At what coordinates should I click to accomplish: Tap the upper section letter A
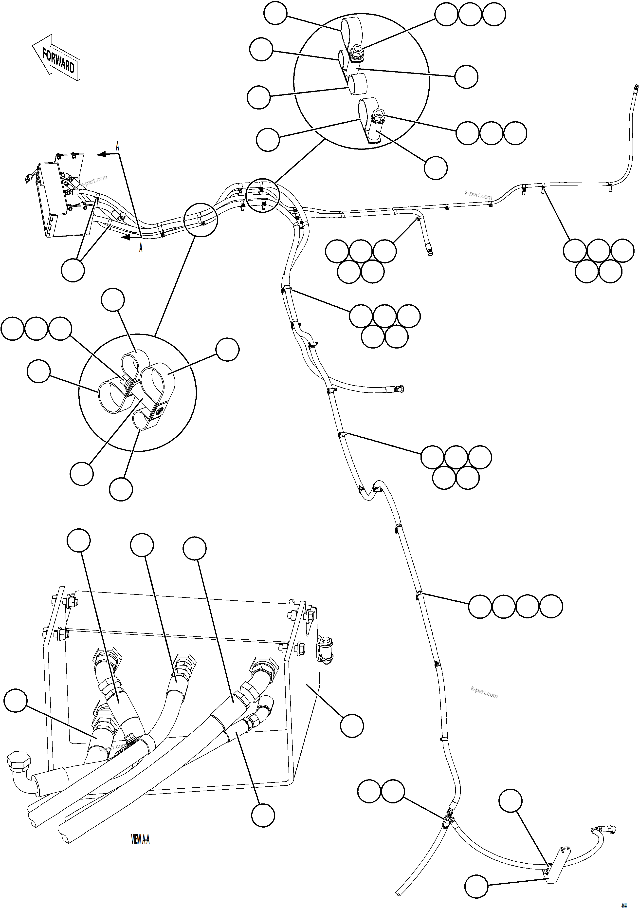pos(117,146)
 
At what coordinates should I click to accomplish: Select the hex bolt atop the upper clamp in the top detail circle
pos(356,50)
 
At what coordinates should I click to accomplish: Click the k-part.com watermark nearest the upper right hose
pos(478,195)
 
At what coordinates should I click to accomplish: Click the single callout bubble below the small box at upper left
pos(73,270)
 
